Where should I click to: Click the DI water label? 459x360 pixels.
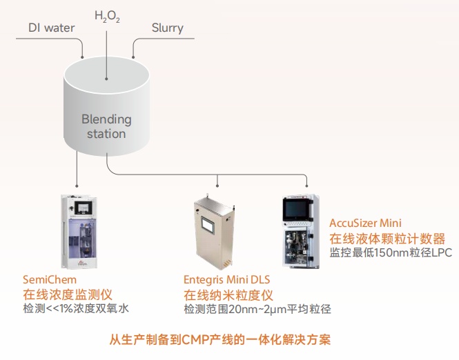point(51,28)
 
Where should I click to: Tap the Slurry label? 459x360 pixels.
point(167,28)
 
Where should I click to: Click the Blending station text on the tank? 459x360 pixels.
point(106,126)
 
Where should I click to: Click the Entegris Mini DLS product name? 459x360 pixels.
point(226,280)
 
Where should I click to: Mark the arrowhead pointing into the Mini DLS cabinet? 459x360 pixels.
point(217,186)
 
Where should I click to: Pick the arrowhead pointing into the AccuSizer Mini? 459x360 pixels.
point(305,186)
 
